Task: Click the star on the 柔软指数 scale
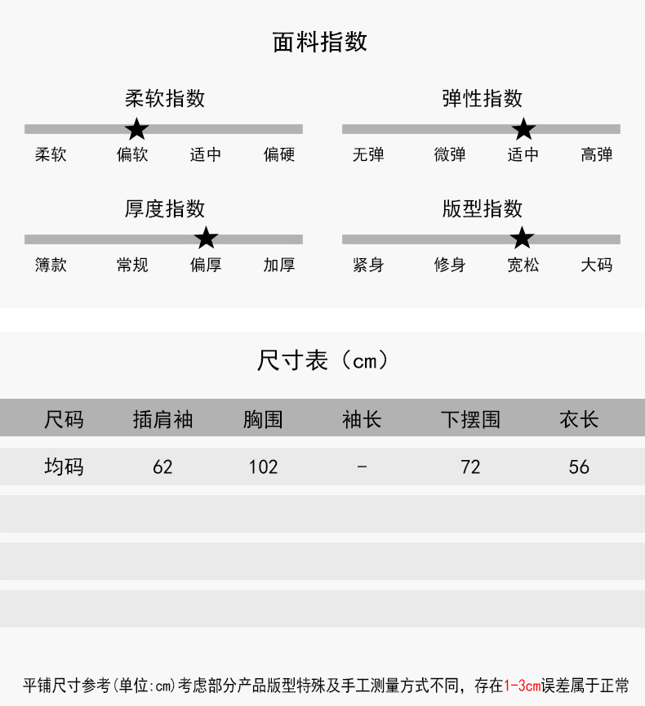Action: click(137, 128)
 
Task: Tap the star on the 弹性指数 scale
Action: click(523, 128)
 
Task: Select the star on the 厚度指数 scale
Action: click(207, 238)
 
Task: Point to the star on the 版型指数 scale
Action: click(522, 238)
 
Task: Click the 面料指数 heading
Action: click(320, 42)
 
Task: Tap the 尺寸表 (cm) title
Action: click(322, 360)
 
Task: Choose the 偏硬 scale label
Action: click(279, 154)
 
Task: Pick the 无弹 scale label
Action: click(368, 154)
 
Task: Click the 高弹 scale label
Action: click(597, 154)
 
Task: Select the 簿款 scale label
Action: click(51, 265)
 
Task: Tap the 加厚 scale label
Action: click(279, 265)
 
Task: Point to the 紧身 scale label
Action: click(368, 265)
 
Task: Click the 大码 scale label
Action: click(597, 265)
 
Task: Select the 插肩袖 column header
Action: click(162, 420)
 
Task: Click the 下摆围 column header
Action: click(470, 420)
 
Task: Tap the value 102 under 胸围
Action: click(263, 467)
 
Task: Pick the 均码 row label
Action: click(64, 467)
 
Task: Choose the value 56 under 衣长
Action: click(579, 467)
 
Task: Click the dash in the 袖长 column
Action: click(363, 467)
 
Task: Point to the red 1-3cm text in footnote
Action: click(523, 686)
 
